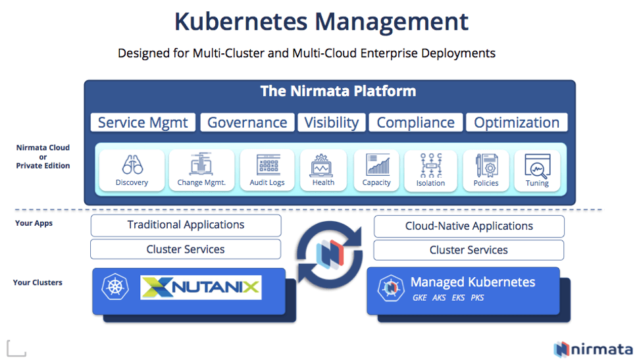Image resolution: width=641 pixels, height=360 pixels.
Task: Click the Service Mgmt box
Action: pyautogui.click(x=143, y=122)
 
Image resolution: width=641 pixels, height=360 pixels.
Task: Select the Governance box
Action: pyautogui.click(x=247, y=122)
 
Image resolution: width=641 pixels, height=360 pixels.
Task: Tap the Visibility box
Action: pyautogui.click(x=332, y=122)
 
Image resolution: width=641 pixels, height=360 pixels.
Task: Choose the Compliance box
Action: pyautogui.click(x=416, y=122)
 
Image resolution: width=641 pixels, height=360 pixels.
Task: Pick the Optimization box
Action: pyautogui.click(x=517, y=122)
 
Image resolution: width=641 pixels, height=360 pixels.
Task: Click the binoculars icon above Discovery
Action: pyautogui.click(x=132, y=165)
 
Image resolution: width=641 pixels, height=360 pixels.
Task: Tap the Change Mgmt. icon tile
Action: pyautogui.click(x=201, y=170)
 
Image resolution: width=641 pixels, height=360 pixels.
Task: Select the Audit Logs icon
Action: pyautogui.click(x=268, y=165)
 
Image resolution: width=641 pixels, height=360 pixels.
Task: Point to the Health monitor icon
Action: pyautogui.click(x=322, y=165)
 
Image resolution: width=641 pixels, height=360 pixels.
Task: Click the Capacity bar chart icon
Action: pyautogui.click(x=378, y=165)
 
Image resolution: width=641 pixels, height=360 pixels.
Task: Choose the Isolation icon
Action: pyautogui.click(x=431, y=165)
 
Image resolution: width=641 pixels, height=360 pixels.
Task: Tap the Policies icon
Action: pyautogui.click(x=486, y=165)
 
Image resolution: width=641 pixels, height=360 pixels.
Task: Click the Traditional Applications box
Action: pyautogui.click(x=186, y=225)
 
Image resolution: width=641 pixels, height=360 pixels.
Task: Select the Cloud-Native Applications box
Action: pyautogui.click(x=469, y=226)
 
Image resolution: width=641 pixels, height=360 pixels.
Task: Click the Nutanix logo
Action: pyautogui.click(x=201, y=287)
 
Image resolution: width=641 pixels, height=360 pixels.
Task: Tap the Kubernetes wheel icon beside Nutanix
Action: pyautogui.click(x=115, y=286)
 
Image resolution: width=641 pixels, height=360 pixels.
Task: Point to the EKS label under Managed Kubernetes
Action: pyautogui.click(x=458, y=297)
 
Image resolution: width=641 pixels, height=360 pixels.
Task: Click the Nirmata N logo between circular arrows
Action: pyautogui.click(x=330, y=255)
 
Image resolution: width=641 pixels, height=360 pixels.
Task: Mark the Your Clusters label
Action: pyautogui.click(x=38, y=282)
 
